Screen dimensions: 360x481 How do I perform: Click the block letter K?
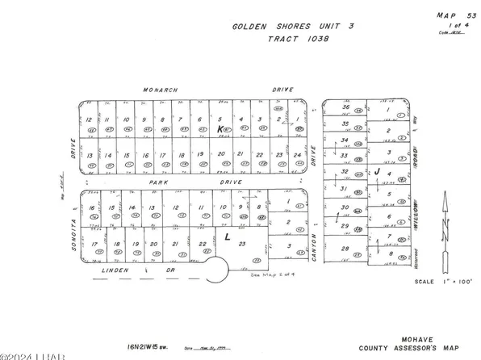220,129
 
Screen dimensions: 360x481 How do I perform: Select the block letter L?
229,237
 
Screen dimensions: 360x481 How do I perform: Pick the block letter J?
377,172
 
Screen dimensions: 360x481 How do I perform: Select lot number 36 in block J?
345,107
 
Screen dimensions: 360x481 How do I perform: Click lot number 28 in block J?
345,249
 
